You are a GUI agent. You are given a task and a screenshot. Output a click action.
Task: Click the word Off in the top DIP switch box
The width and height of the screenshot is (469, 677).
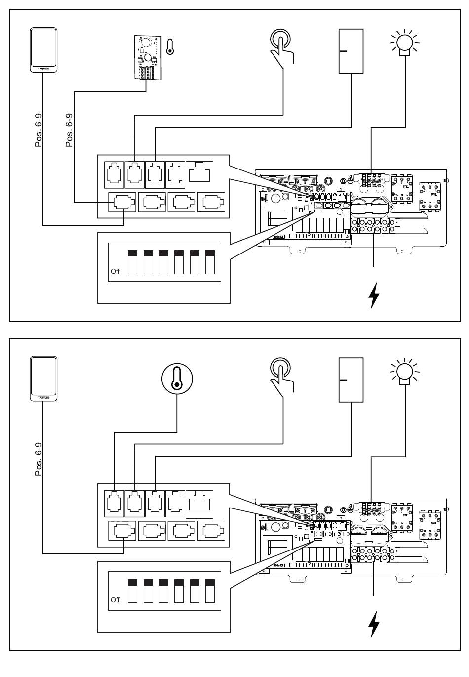[115, 272]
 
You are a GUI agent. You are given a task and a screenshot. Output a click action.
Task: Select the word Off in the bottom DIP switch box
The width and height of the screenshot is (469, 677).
[115, 600]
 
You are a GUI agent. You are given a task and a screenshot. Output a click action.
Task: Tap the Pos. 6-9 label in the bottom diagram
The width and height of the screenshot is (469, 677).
[39, 459]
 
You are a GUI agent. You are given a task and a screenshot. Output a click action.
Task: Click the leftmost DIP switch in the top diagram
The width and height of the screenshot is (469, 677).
[132, 262]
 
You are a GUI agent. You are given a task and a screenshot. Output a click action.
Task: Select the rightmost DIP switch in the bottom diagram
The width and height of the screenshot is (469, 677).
[210, 590]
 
